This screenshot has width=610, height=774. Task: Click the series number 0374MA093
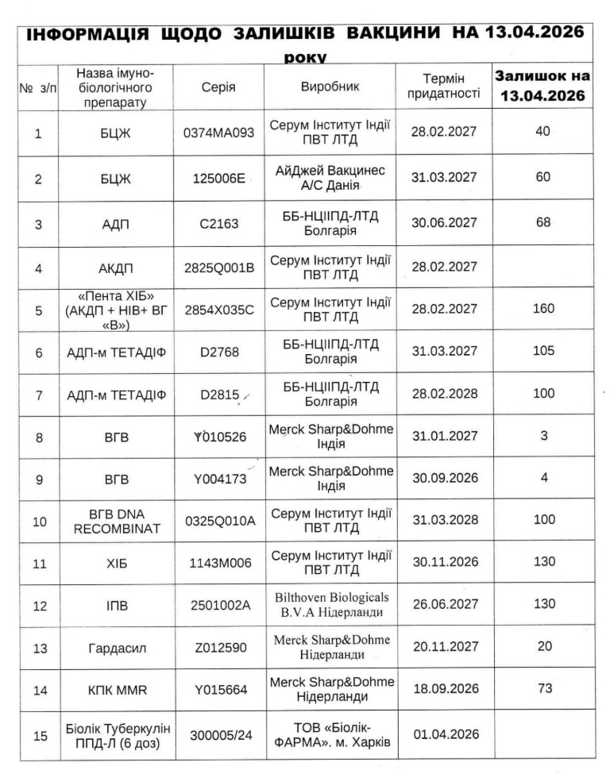(219, 133)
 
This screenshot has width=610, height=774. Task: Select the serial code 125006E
(219, 178)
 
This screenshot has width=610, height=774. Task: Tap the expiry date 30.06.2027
(445, 223)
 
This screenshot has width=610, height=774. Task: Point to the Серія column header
(219, 87)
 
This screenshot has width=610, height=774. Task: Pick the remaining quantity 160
(543, 308)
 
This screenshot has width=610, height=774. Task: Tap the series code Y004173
(219, 479)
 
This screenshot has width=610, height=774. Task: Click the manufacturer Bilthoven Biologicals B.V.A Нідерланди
(330, 604)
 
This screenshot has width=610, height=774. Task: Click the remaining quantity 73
(544, 688)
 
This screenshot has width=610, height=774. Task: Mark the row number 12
(38, 606)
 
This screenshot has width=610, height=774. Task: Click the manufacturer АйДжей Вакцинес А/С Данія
(330, 178)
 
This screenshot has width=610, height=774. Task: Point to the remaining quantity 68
(543, 222)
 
